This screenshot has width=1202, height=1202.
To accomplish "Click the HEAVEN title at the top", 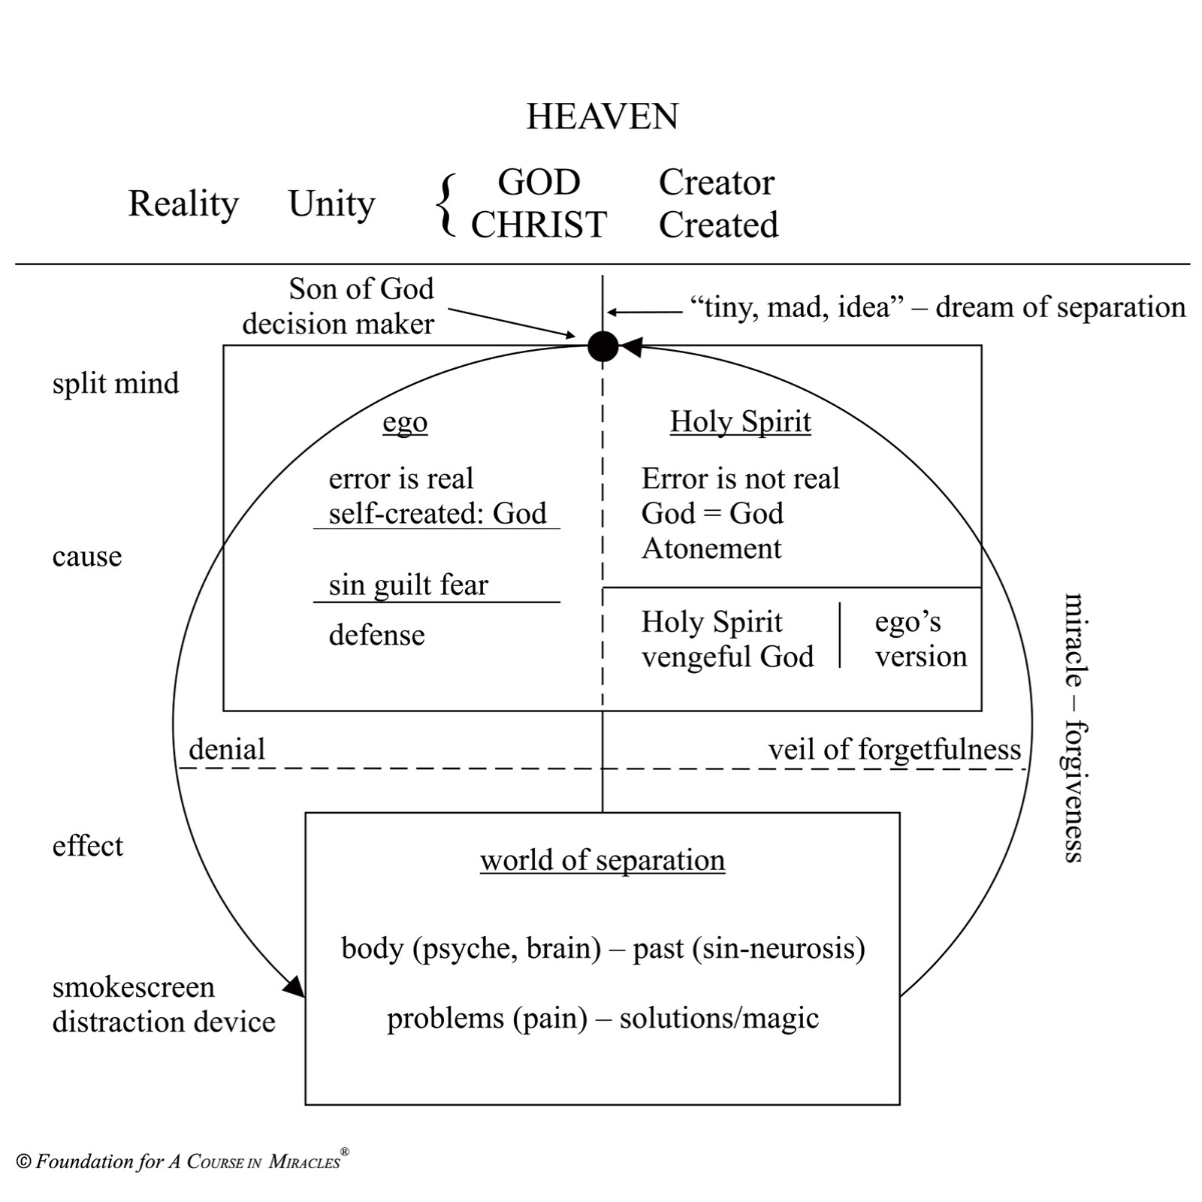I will (x=602, y=116).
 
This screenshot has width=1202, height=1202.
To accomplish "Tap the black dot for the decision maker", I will (x=603, y=346).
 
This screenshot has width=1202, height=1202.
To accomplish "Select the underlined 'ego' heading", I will (x=405, y=422).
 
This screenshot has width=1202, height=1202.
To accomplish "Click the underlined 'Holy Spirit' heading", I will (x=740, y=421).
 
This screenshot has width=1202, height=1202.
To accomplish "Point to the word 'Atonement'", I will (x=711, y=548).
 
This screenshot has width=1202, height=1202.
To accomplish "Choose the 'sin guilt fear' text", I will (x=408, y=585).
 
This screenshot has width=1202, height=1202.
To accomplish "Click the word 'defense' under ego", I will (x=376, y=636).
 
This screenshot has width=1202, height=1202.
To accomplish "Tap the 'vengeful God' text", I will (x=726, y=657).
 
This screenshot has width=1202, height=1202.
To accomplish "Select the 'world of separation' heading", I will (x=602, y=860).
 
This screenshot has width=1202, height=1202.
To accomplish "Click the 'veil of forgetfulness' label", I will (x=894, y=749).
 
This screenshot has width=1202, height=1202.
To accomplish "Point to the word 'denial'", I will (x=227, y=749).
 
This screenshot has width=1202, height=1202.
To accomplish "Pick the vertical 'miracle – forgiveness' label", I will (x=1074, y=727).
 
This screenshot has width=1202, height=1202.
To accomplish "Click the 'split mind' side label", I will (x=116, y=383).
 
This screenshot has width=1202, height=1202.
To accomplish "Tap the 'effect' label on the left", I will (x=87, y=846).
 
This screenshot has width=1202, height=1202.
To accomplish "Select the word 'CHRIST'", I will (x=539, y=225).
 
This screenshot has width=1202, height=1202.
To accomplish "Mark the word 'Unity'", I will (x=331, y=204).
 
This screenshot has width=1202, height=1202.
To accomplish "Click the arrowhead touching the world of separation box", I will (x=294, y=986).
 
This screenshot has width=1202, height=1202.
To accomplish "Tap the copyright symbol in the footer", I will (x=23, y=1161).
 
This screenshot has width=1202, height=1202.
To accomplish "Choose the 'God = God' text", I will (x=711, y=514).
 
